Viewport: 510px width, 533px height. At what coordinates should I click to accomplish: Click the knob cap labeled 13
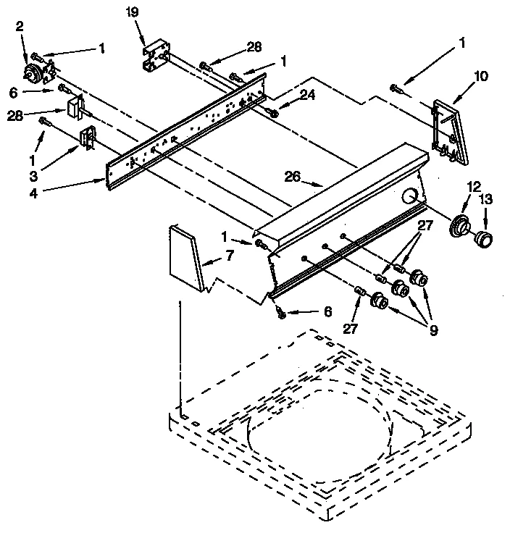483,239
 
